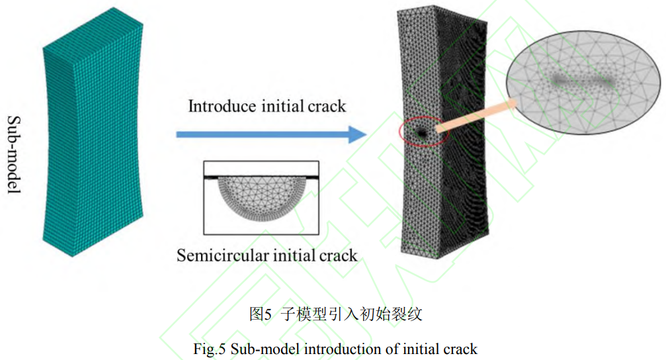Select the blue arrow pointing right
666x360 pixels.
[x=271, y=134]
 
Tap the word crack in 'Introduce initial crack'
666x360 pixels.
[x=327, y=106]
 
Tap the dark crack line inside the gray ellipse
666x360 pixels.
[x=582, y=81]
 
